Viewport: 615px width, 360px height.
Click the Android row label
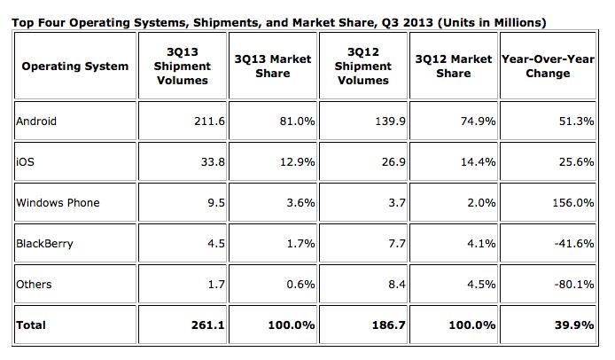click(x=36, y=121)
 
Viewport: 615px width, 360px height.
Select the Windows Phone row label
click(x=58, y=202)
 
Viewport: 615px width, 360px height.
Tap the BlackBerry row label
click(x=44, y=243)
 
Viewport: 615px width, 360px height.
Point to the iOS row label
click(x=26, y=161)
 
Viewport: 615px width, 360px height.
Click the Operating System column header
click(x=75, y=66)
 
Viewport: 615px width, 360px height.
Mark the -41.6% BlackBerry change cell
click(x=574, y=243)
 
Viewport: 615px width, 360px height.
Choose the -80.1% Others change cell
click(x=574, y=284)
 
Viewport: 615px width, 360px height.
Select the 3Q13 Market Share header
click(x=272, y=66)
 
